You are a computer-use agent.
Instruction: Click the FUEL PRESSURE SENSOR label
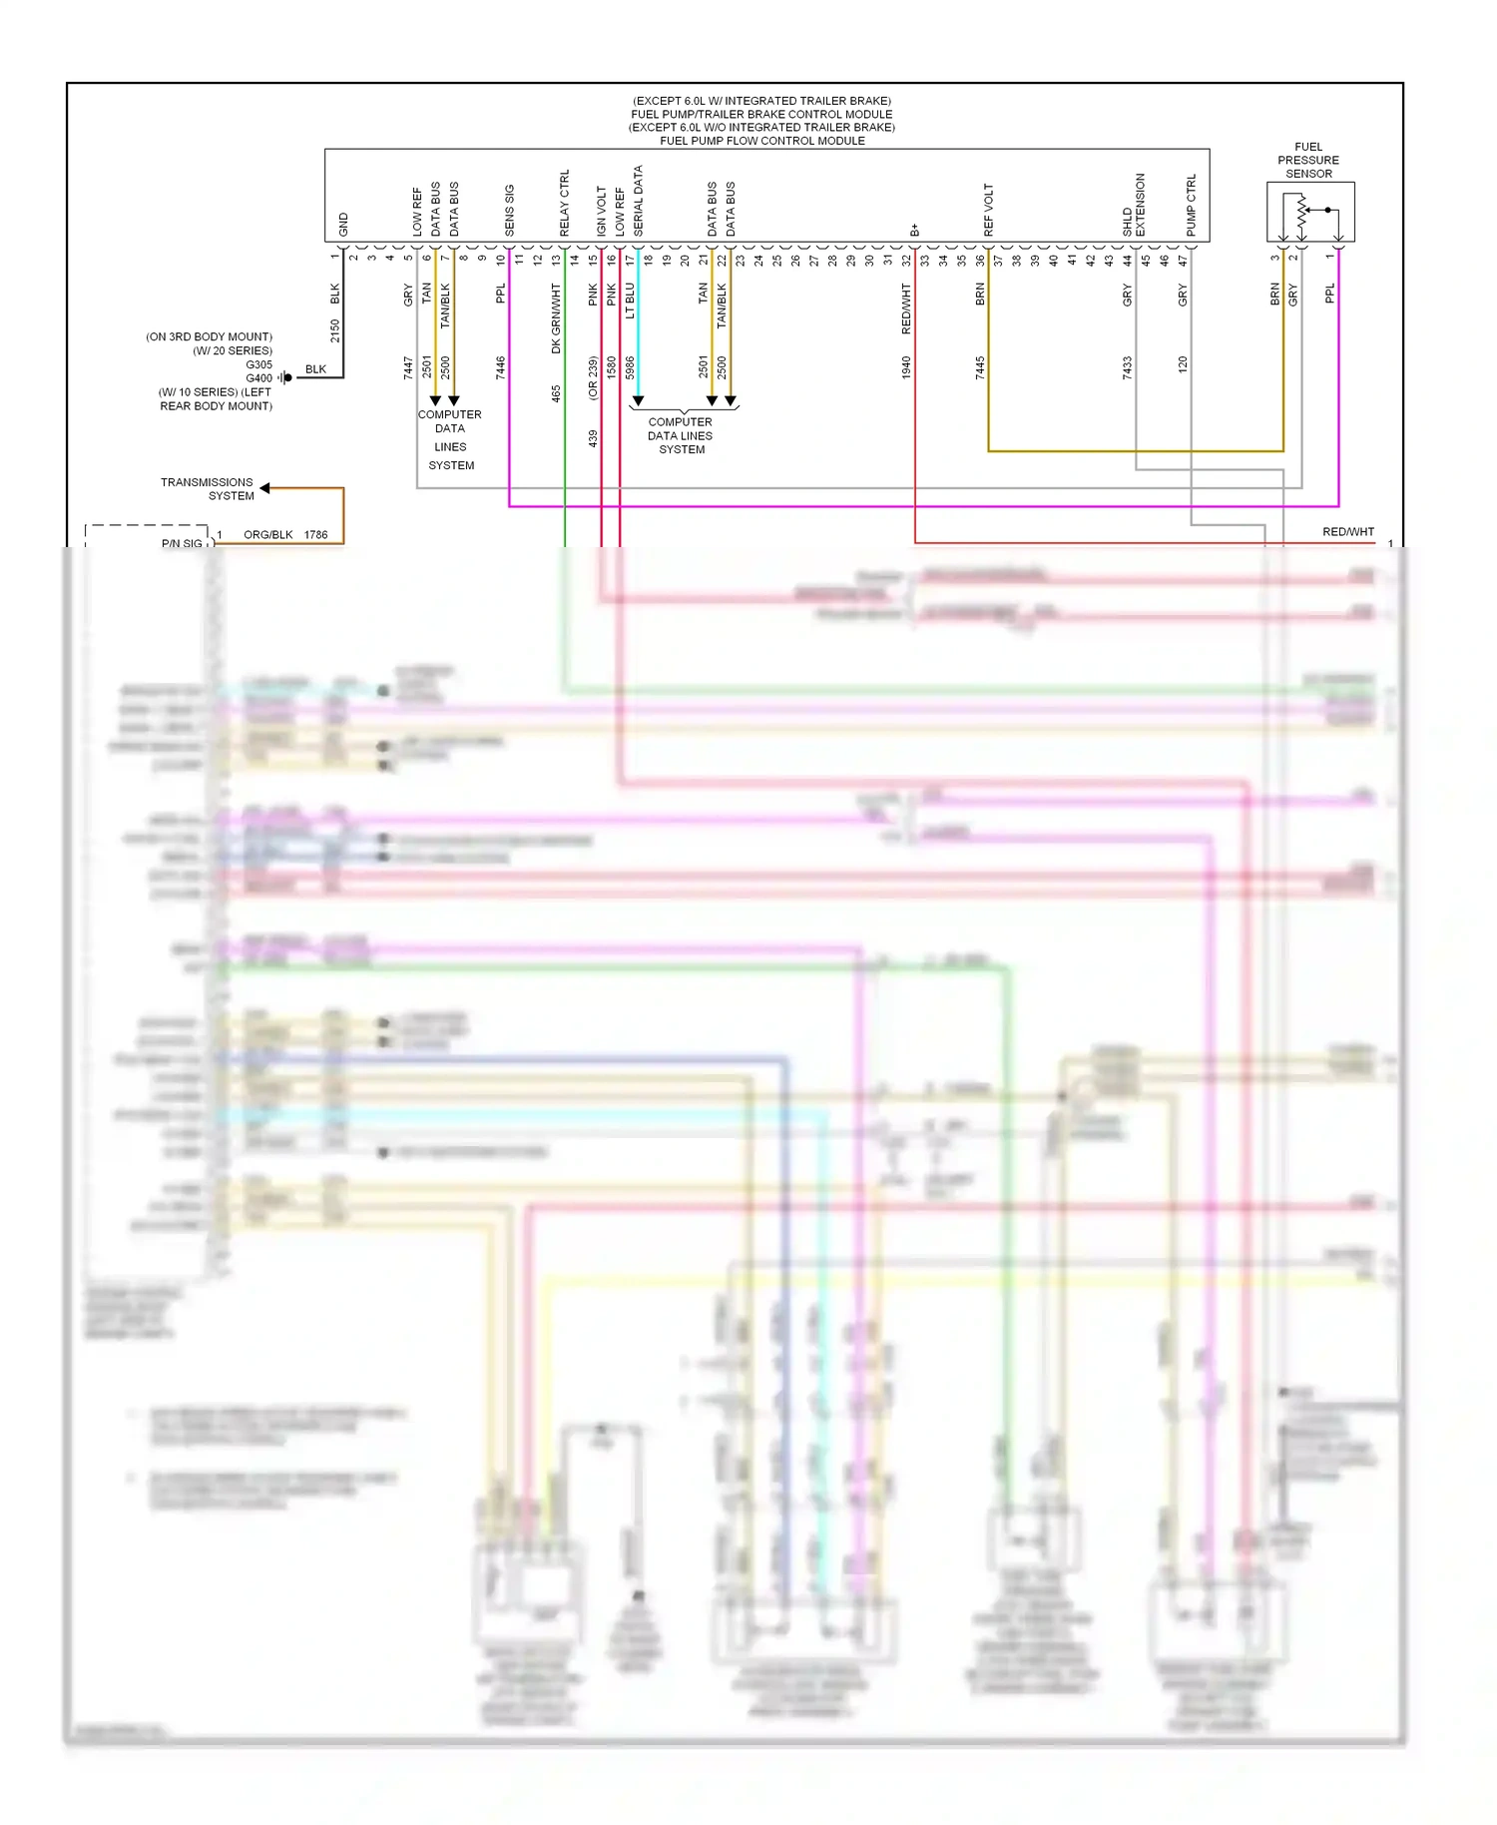pos(1307,160)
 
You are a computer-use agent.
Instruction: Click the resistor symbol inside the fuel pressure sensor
pos(1300,211)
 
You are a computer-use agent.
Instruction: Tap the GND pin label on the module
pos(343,224)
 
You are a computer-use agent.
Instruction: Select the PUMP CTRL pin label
pos(1191,206)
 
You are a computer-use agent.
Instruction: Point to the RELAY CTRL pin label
pos(564,203)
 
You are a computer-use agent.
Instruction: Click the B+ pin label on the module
pos(914,230)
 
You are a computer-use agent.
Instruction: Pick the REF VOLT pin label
pos(988,210)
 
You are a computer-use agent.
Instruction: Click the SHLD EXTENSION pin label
pos(1134,206)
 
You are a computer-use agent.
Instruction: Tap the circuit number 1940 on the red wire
pos(906,367)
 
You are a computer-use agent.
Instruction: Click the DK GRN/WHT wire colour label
pos(556,317)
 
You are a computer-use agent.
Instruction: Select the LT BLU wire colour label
pos(630,301)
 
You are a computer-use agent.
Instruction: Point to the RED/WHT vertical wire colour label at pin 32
pos(906,307)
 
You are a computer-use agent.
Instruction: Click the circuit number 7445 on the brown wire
pos(980,367)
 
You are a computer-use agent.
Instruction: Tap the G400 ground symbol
pos(286,377)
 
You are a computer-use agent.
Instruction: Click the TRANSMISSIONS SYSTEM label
pos(208,488)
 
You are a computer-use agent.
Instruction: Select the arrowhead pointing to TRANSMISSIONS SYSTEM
pos(265,488)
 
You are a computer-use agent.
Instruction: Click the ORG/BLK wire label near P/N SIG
pos(268,534)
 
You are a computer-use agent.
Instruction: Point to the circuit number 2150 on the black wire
pos(335,330)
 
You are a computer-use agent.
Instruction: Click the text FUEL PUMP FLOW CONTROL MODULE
pos(761,141)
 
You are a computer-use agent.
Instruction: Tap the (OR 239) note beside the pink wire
pos(593,377)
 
